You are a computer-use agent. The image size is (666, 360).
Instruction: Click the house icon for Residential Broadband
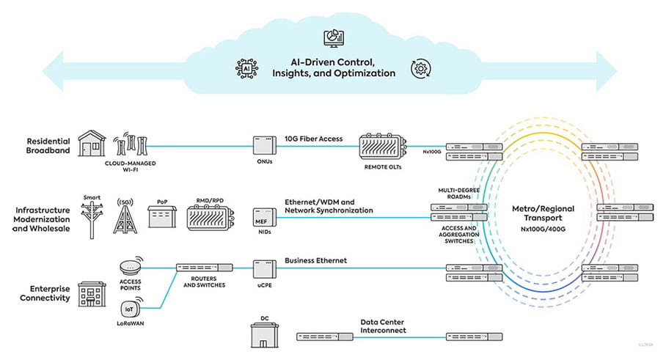[x=92, y=144]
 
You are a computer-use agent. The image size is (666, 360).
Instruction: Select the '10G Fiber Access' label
[x=312, y=139]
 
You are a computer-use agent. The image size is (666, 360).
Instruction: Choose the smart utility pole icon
[x=92, y=218]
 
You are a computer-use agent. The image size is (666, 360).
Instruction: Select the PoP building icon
[x=162, y=218]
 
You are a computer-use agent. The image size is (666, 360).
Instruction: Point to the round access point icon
[x=131, y=265]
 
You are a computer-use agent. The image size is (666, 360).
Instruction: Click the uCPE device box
[x=265, y=270]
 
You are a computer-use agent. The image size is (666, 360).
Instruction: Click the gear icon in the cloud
[x=422, y=67]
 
